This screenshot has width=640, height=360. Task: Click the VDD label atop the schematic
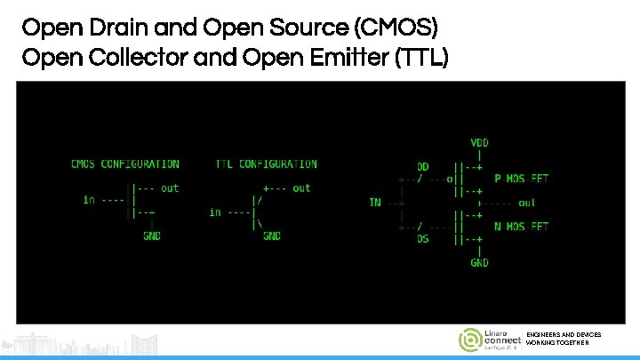pos(478,142)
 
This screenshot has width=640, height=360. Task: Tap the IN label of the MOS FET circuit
pos(375,203)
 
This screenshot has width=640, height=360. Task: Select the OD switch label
pos(423,166)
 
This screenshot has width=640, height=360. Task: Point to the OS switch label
pos(423,238)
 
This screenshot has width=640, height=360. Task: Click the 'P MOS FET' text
pos(521,179)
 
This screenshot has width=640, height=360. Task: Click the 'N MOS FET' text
pos(521,227)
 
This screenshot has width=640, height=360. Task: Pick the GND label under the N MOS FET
pos(479,263)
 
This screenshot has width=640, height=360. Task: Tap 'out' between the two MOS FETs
pos(526,203)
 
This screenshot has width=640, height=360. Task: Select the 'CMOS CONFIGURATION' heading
pos(124,164)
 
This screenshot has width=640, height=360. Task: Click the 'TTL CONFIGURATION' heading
pos(266,164)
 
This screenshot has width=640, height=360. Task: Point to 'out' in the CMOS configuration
pos(169,188)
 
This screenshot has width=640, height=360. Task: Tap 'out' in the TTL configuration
pos(301,188)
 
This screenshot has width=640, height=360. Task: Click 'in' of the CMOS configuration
pos(89,200)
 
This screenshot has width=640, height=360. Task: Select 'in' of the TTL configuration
pos(215,212)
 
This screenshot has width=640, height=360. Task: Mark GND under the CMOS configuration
pos(152,236)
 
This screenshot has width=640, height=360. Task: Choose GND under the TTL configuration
pos(271,236)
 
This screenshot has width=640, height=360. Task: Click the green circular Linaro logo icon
pos(469,340)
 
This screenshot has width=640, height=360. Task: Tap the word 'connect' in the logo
pos(503,341)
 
